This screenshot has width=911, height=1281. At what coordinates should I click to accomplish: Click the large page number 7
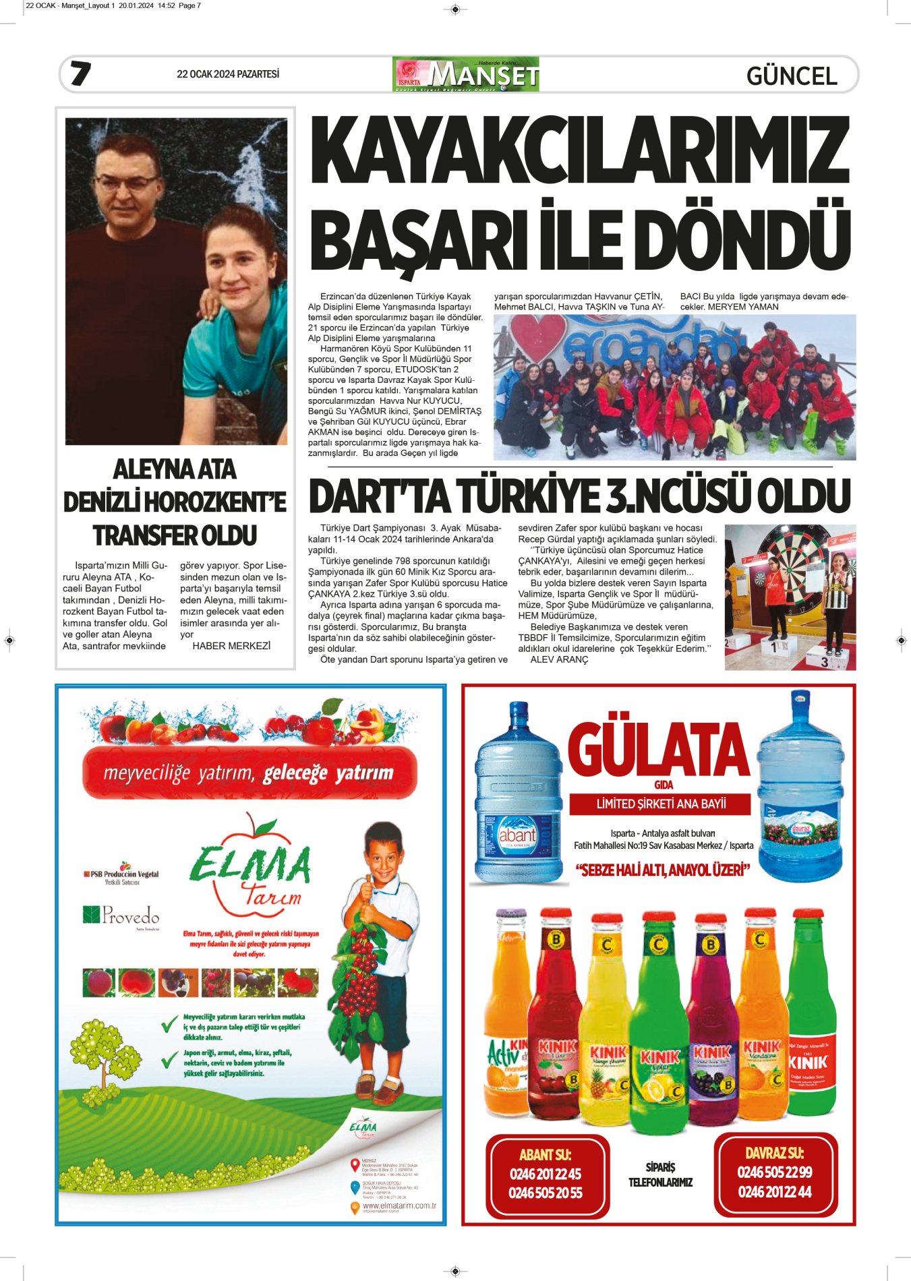point(80,73)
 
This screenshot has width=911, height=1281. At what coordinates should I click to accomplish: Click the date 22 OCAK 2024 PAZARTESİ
point(227,74)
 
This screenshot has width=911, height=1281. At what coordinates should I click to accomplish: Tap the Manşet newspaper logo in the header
point(465,74)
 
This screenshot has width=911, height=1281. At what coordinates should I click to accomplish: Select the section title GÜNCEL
point(792,76)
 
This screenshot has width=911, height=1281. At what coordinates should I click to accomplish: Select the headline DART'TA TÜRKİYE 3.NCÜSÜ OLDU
point(579,496)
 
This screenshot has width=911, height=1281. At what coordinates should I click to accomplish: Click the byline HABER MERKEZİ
point(231,646)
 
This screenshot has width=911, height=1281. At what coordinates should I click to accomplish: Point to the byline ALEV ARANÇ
point(559,659)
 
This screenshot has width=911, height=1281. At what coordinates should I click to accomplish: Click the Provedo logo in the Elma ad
point(122,916)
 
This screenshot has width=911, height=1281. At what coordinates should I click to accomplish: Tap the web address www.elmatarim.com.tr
point(399,1205)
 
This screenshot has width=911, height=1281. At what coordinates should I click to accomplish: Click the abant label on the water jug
point(517,835)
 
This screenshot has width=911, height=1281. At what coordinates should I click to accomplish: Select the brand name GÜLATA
point(658,750)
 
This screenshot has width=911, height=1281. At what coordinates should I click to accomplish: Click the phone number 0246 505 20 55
point(545,1193)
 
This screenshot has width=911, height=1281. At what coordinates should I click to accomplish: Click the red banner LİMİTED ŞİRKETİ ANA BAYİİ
point(661,804)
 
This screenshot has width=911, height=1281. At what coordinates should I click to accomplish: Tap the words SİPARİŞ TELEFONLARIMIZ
point(660,1174)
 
